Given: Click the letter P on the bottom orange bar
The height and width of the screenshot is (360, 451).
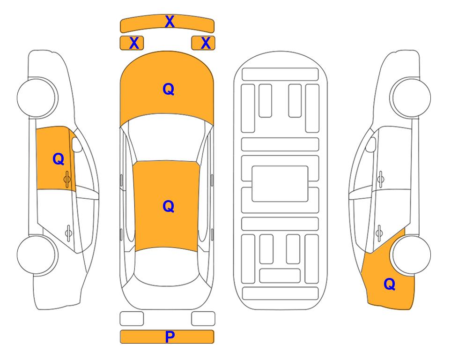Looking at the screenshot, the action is pos(170,337).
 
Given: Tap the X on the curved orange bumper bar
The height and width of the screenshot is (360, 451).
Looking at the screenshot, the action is pos(170,22).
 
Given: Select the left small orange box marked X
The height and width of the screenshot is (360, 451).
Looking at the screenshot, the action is pos(132,43).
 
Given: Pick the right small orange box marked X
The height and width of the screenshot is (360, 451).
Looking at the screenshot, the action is pos(203,43).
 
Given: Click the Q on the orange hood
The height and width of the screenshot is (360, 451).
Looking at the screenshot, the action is pos(168,89).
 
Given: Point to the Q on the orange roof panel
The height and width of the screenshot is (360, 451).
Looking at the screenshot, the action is pos(168,206).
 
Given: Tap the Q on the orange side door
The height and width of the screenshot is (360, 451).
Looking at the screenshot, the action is pos(58,159).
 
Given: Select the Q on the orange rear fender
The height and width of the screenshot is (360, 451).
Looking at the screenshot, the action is pos(390,284).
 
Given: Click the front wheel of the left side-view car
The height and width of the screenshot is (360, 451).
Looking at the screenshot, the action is pos(37,97).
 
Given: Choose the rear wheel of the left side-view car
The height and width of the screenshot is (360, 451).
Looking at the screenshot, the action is pos(37,255).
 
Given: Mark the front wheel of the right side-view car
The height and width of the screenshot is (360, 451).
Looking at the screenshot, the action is pos(411,97).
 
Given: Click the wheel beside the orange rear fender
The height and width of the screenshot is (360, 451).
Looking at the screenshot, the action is pos(411,255).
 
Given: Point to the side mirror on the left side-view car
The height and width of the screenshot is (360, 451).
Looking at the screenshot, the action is pos(76,144).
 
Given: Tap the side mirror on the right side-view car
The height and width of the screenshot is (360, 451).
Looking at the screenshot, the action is pos(371,144).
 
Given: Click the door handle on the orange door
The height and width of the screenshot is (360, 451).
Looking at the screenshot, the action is pos(67,180).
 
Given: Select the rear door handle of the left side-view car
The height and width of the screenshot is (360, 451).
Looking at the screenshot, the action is pos(68,232).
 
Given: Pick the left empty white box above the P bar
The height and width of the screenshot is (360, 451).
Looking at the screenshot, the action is pos(132,319).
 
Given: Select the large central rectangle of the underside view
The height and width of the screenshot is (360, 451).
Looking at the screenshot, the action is pos(280,184).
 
